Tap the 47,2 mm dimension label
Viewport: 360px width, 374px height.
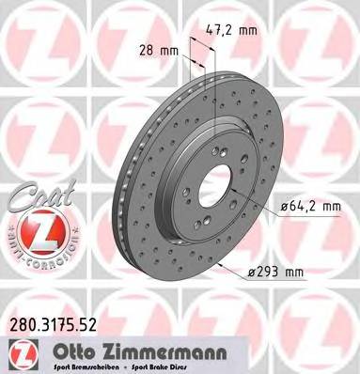tap(230, 30)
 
